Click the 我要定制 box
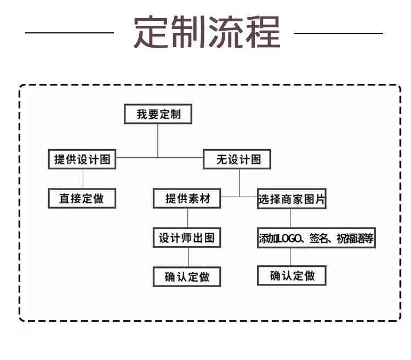coord(158,114)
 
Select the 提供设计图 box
coord(82,159)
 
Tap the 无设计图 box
coord(237,159)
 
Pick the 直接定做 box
coord(82,198)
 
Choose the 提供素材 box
coord(187,198)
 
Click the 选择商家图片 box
coord(292,198)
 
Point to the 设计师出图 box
coord(187,238)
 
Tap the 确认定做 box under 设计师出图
coord(187,277)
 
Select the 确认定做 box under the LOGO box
coord(292,276)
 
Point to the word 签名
coord(319,238)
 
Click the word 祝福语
coord(351,238)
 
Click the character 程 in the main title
coord(263,32)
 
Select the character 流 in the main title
coord(226,32)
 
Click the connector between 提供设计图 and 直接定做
coord(83,179)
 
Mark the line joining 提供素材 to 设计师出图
coord(187,218)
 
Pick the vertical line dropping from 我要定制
coord(158,141)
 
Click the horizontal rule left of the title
coord(70,33)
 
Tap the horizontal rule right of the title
coord(339,33)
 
